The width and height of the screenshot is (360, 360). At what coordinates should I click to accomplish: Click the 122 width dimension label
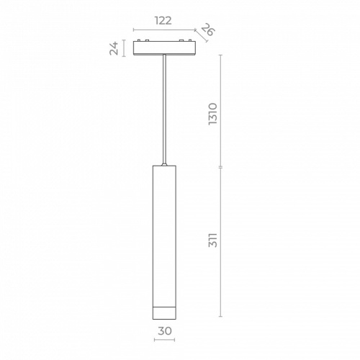click(x=163, y=21)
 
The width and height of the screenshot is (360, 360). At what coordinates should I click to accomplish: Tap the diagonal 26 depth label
click(x=207, y=30)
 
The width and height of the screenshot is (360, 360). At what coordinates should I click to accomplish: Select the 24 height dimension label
click(x=114, y=48)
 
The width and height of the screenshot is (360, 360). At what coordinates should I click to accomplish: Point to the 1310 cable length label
click(x=212, y=114)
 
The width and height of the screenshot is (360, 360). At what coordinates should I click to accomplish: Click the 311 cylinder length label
click(x=212, y=240)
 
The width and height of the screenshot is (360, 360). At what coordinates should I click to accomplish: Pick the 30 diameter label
click(x=165, y=331)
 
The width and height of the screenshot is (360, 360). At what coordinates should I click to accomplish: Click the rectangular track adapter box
click(x=164, y=48)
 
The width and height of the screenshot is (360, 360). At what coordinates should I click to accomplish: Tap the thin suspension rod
click(x=164, y=109)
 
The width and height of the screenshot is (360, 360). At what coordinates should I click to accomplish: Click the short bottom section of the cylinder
click(x=164, y=313)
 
